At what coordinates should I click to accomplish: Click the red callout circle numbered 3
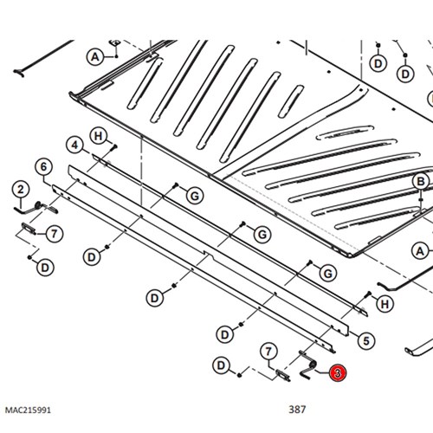(338, 373)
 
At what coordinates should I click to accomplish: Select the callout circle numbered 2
(21, 190)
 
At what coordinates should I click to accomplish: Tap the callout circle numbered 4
(74, 145)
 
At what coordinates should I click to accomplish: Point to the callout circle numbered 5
(366, 341)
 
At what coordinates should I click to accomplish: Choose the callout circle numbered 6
(43, 166)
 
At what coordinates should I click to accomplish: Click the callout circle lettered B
(421, 182)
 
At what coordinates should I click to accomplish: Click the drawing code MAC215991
(28, 410)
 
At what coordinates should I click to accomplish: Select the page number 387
(297, 409)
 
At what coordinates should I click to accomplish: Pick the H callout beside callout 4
(99, 136)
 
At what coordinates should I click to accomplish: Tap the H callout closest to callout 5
(385, 304)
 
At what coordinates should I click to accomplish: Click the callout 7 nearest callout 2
(55, 234)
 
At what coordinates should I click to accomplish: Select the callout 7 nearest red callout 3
(268, 352)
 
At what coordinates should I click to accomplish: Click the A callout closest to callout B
(420, 251)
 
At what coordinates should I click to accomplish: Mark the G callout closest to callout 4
(195, 197)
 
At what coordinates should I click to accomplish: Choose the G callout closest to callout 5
(328, 273)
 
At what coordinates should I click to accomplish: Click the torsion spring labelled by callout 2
(37, 206)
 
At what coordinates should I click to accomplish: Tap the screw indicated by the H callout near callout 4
(113, 147)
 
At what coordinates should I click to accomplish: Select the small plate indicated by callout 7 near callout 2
(29, 229)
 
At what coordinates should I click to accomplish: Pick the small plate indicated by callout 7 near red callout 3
(283, 376)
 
